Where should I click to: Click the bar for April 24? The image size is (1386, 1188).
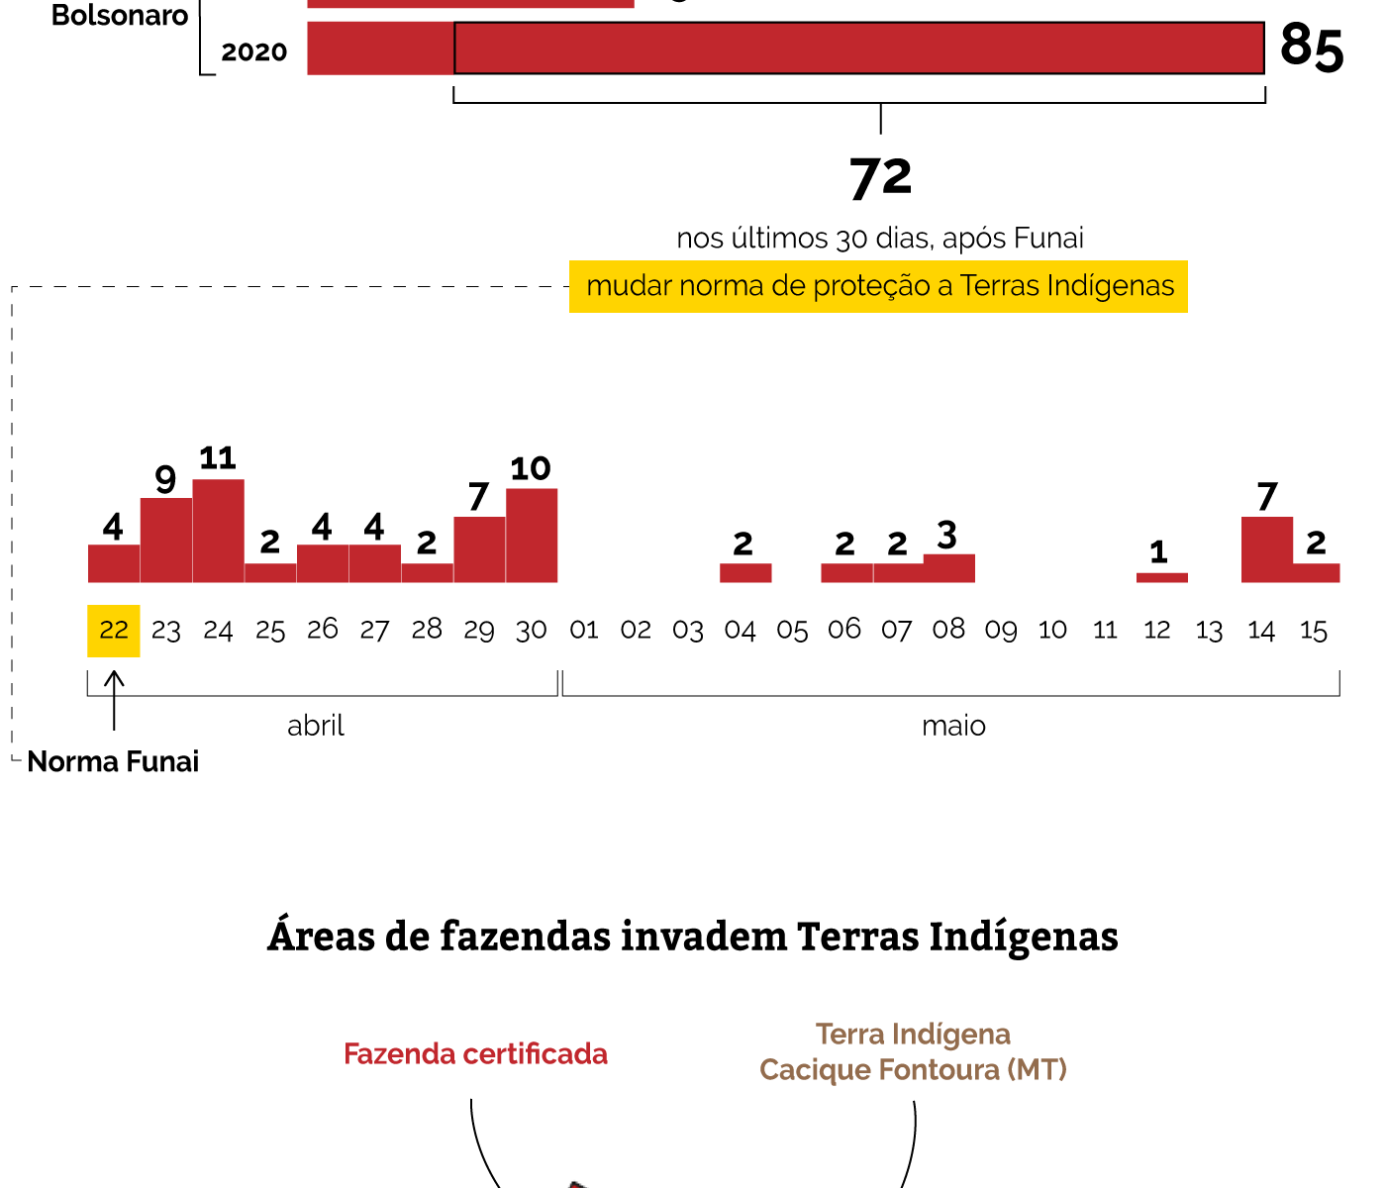point(218,531)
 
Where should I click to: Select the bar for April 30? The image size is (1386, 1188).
point(532,536)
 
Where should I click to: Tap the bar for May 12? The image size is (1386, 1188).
point(1161,577)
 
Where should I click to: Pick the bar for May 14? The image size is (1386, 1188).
point(1266,549)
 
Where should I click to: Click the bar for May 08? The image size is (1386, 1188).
point(948,568)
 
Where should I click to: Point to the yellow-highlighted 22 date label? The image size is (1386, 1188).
point(114,631)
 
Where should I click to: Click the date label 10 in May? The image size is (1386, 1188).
point(1052,631)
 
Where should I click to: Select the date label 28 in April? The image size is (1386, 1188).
point(427,631)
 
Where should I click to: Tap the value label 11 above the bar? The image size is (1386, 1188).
point(218,458)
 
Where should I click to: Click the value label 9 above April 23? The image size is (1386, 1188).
point(165,479)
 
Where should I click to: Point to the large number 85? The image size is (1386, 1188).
point(1312,47)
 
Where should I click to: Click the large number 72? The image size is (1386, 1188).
point(880,178)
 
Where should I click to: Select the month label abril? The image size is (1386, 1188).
point(316,727)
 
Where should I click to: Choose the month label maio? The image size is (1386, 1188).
point(953,727)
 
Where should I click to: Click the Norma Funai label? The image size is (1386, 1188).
point(113,761)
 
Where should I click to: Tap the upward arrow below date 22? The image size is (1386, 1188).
point(115,699)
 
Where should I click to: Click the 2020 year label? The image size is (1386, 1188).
point(254,52)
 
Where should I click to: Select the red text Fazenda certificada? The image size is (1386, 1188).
point(475,1054)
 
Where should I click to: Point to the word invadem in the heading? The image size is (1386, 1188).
point(703,937)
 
